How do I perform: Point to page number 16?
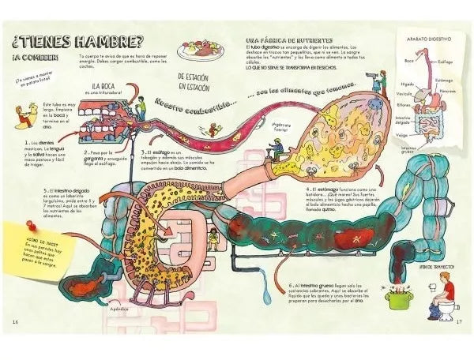[x=15, y=321]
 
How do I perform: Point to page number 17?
[x=457, y=321]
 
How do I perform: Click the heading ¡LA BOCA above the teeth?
[x=106, y=86]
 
